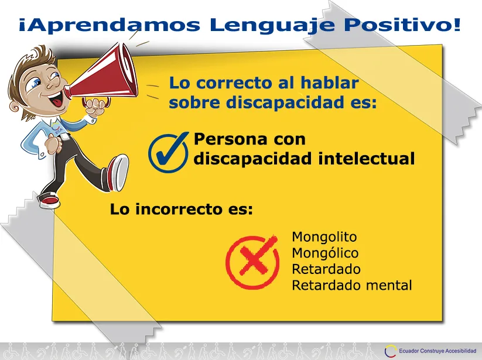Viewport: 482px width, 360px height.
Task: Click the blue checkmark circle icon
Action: point(169,152)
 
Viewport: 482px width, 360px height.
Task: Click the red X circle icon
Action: point(252,262)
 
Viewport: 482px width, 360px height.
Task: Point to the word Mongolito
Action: point(324,237)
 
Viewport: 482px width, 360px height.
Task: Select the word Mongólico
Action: point(325,253)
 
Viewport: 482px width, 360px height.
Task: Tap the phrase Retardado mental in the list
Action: point(351,285)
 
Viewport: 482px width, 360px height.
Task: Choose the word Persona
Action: point(227,139)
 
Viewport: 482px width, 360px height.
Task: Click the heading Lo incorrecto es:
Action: point(182,209)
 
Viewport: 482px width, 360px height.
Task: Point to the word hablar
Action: point(329,83)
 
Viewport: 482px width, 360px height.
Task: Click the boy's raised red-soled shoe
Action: point(117,172)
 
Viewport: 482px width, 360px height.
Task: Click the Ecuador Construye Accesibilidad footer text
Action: point(437,351)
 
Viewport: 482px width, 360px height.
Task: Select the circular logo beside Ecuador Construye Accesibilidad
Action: point(391,351)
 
